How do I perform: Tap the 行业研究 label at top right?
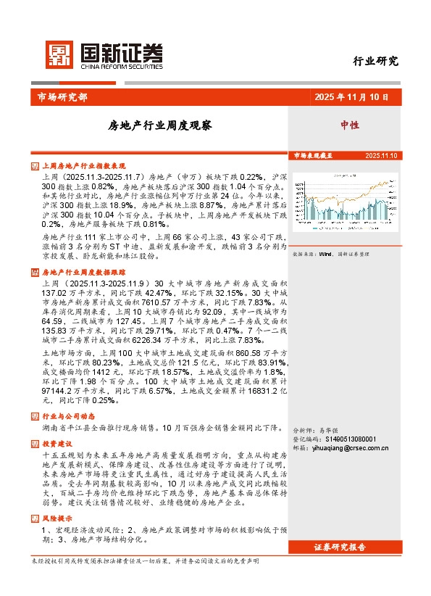(x=375, y=61)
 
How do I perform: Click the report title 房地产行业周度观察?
(x=160, y=125)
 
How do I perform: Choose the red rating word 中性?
(x=350, y=125)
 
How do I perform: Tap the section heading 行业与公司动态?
(x=68, y=417)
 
